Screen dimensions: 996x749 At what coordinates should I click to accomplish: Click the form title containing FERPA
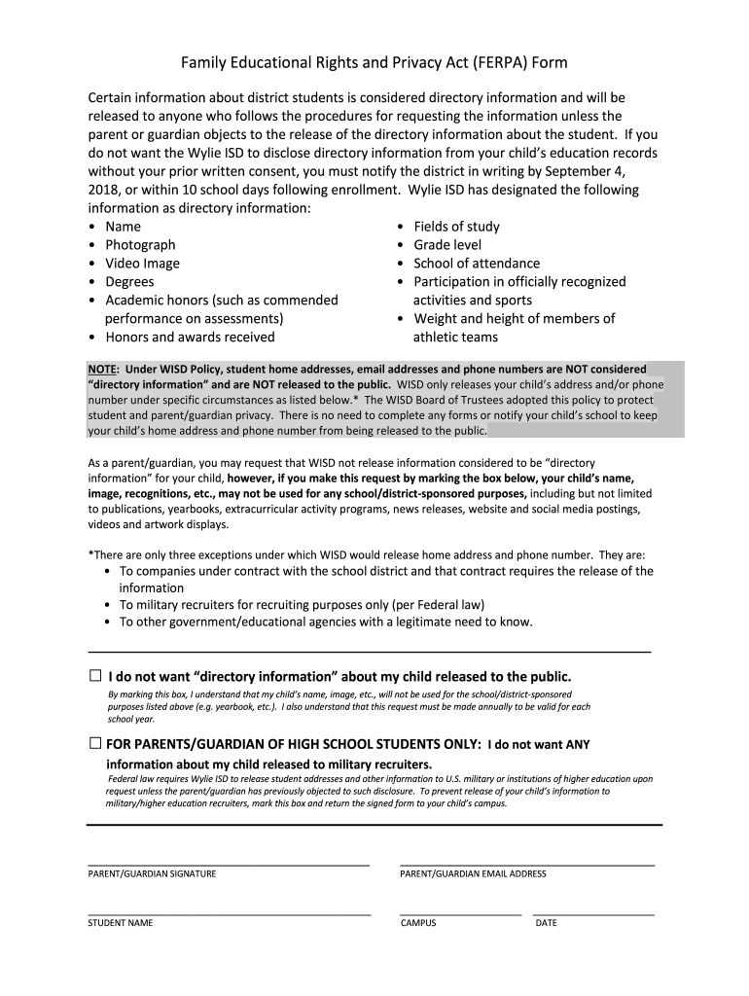point(374,63)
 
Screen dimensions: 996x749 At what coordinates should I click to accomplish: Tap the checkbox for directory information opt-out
point(95,676)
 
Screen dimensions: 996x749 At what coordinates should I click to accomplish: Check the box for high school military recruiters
point(95,744)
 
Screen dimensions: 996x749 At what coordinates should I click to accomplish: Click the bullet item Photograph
point(140,245)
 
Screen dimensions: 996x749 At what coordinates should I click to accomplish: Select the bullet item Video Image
point(142,264)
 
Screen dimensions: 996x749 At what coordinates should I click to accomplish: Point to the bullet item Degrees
point(129,282)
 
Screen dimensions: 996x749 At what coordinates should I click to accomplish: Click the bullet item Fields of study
point(456,227)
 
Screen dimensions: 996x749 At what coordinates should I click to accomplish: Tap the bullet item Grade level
point(447,245)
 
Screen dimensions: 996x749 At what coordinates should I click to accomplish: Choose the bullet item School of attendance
point(477,264)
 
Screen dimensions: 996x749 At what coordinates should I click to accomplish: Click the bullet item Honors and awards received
point(190,338)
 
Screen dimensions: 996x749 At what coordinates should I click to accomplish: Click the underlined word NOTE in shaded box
point(101,370)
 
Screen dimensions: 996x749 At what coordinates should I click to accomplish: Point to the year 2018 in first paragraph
point(104,190)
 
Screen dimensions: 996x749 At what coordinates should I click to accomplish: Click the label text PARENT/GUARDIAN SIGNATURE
point(152,873)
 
